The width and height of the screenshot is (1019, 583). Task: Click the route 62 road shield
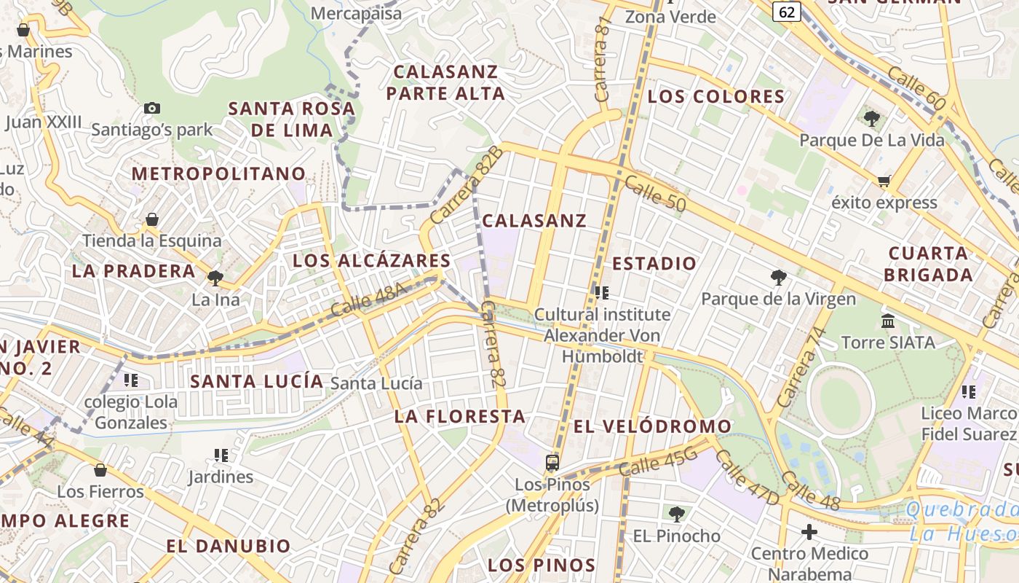coord(787,12)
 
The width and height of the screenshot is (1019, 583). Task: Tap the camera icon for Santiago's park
coord(152,108)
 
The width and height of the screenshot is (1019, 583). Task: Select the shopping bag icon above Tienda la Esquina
coord(152,219)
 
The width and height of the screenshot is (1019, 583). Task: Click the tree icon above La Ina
coord(215,278)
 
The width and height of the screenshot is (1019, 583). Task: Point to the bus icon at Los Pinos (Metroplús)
coord(552,462)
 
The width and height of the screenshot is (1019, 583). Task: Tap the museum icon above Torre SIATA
coord(888,321)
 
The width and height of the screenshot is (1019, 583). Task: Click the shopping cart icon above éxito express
coord(884,181)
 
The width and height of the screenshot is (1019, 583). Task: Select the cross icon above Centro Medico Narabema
coord(809,532)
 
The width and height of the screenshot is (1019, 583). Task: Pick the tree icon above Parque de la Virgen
coord(778,277)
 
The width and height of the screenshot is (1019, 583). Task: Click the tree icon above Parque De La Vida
coord(871,118)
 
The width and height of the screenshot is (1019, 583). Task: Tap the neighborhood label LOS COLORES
coord(716,97)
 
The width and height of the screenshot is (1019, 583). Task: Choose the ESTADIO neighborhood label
coord(654,264)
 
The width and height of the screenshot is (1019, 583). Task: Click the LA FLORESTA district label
coord(460,417)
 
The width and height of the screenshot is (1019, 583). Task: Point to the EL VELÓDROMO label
coord(653,426)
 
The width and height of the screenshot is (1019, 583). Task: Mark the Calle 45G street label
coord(659,463)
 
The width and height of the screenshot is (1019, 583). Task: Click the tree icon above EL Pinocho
coord(676,514)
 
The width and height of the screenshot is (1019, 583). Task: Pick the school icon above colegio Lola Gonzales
coord(131,380)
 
